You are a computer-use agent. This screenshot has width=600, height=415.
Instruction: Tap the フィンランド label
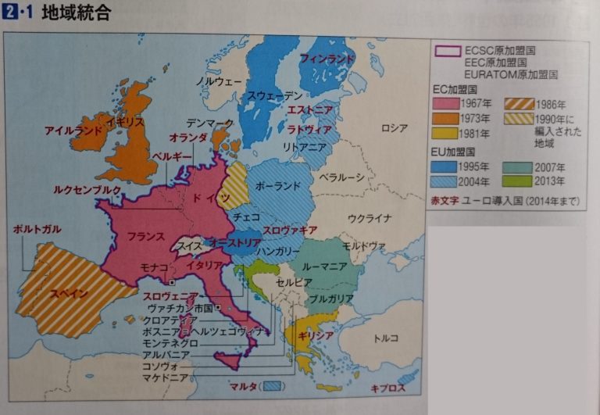(327, 59)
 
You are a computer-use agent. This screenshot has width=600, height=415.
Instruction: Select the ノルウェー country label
(218, 80)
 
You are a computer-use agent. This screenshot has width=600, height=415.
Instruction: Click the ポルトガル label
(37, 229)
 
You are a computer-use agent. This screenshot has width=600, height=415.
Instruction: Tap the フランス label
(146, 236)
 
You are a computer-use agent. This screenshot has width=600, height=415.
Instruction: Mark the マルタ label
(243, 385)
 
